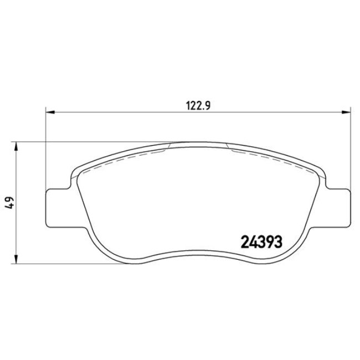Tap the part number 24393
261,242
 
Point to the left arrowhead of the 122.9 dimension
50,113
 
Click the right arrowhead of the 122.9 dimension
347,113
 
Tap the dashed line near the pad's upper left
127,158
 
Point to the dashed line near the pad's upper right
266,157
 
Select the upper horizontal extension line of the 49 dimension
83,142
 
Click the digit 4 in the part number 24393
252,242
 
